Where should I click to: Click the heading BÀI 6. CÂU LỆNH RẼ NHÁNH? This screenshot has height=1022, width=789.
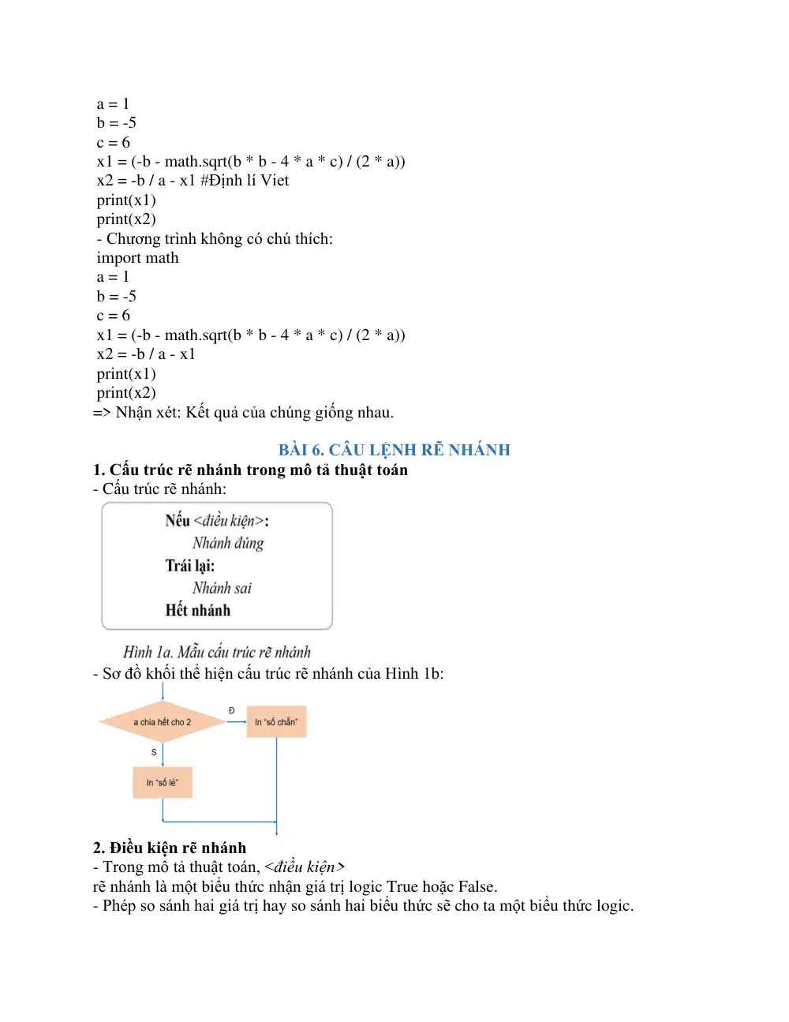394,450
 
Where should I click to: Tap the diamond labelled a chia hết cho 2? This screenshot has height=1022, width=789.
163,721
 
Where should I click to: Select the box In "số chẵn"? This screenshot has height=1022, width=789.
276,721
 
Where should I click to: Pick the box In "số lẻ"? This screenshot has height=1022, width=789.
163,783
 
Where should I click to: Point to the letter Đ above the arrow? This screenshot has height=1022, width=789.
231,710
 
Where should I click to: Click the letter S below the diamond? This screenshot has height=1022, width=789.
154,753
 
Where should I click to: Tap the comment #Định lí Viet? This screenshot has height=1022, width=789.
245,181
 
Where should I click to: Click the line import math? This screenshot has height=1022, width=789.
137,258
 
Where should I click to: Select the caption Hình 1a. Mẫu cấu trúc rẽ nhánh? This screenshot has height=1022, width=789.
217,652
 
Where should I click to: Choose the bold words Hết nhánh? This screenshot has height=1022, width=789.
198,610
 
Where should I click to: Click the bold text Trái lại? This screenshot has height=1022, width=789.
190,565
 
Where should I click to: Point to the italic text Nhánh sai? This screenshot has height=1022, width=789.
222,588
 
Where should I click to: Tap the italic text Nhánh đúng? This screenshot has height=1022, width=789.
228,543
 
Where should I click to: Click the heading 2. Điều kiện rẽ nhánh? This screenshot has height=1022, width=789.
170,848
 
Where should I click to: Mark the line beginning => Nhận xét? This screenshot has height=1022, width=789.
243,413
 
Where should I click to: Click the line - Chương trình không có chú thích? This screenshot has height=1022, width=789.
215,238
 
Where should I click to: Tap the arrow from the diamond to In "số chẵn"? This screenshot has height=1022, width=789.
237,722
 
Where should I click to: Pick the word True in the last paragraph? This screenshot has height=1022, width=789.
402,886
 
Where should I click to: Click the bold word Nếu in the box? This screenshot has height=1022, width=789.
178,521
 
